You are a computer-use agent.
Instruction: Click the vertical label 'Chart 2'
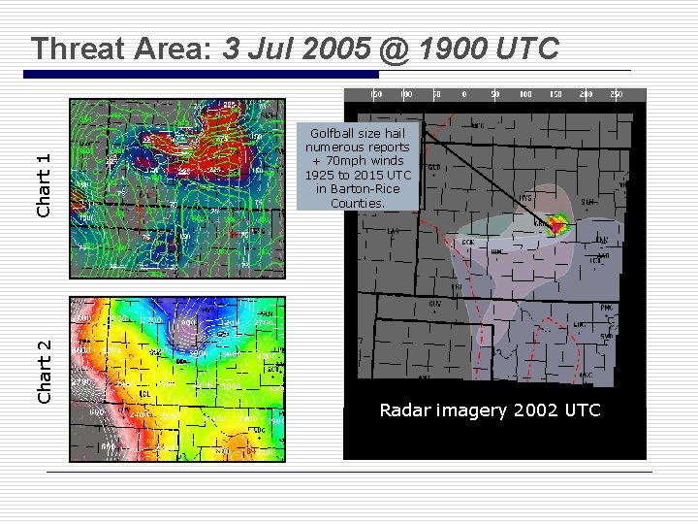pyautogui.click(x=43, y=372)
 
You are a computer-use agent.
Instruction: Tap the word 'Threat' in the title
pyautogui.click(x=82, y=49)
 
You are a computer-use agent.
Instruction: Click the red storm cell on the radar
pyautogui.click(x=556, y=226)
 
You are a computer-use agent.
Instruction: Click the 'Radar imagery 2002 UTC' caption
pyautogui.click(x=490, y=410)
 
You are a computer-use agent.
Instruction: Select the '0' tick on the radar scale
pyautogui.click(x=464, y=95)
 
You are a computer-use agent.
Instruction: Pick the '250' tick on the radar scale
pyautogui.click(x=615, y=95)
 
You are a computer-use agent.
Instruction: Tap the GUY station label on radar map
pyautogui.click(x=435, y=303)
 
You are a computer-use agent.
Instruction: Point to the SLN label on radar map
pyautogui.click(x=587, y=202)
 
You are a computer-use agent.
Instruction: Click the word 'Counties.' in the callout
pyautogui.click(x=358, y=203)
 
